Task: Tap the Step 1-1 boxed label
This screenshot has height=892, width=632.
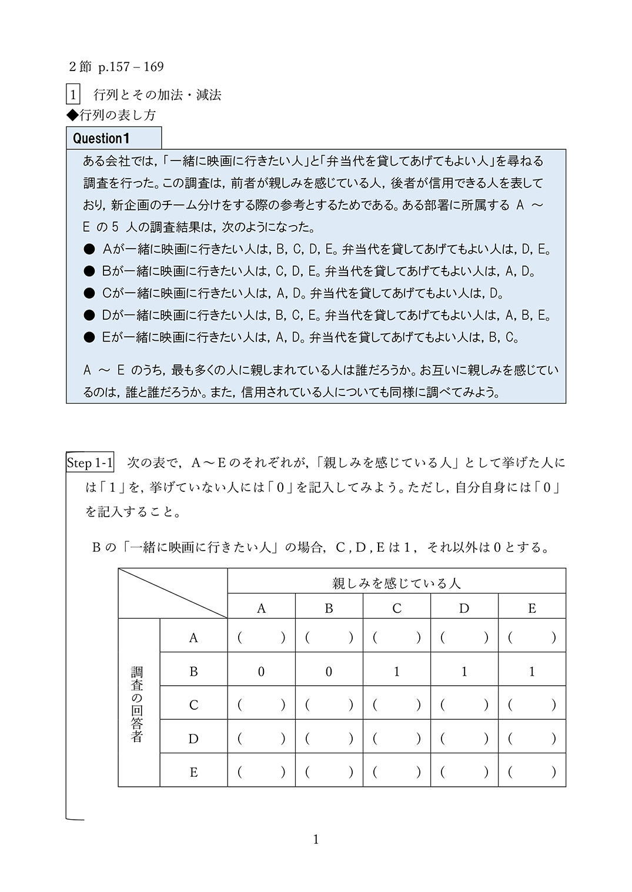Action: click(89, 463)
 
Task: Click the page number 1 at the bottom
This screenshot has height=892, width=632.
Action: click(316, 840)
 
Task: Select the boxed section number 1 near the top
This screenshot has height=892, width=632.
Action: click(73, 95)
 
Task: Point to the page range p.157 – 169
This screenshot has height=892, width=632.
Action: click(131, 67)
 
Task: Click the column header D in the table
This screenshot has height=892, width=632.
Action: click(464, 608)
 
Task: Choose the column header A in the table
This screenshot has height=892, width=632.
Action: click(261, 608)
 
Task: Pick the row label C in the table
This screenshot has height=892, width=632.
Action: click(193, 705)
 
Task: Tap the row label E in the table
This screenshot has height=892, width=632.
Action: click(193, 772)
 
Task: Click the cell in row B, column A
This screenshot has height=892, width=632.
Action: click(261, 672)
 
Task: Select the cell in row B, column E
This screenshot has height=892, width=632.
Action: click(531, 672)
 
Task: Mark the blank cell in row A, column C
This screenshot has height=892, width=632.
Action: click(396, 638)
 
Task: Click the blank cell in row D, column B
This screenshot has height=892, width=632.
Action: click(329, 739)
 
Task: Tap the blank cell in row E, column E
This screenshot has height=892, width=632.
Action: click(531, 772)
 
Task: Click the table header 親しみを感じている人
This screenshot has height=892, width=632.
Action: click(396, 583)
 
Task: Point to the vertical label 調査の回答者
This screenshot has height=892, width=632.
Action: click(137, 704)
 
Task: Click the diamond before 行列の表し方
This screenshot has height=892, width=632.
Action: click(72, 115)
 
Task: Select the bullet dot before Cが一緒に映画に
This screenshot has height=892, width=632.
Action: click(89, 293)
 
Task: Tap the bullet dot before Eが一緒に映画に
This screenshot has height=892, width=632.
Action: click(89, 337)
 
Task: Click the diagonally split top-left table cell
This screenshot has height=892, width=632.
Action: click(173, 593)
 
